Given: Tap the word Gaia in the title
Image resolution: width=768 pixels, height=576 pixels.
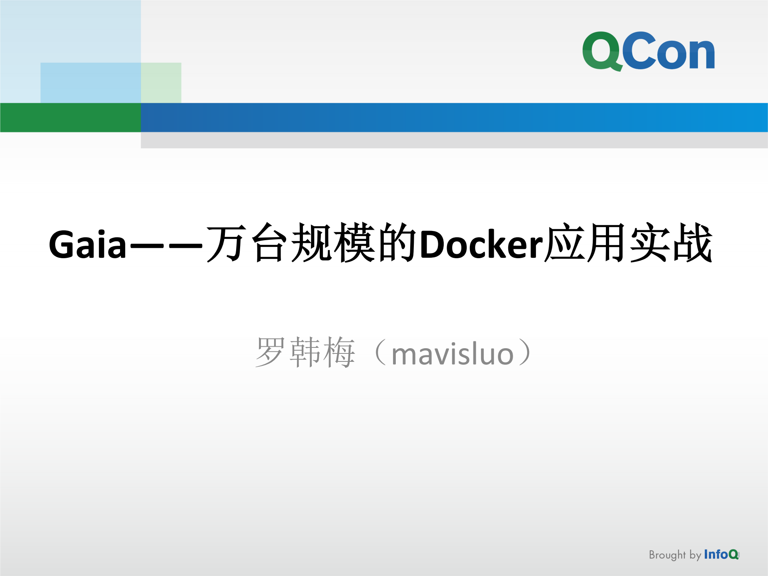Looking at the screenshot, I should pyautogui.click(x=88, y=244).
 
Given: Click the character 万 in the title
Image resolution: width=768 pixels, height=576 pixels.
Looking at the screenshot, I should pyautogui.click(x=227, y=243).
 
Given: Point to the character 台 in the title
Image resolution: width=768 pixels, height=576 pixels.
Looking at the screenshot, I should pyautogui.click(x=270, y=243).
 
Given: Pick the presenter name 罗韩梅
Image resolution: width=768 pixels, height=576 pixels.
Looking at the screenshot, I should pyautogui.click(x=305, y=352).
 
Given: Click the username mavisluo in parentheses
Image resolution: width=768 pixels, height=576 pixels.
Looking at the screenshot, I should pyautogui.click(x=452, y=355).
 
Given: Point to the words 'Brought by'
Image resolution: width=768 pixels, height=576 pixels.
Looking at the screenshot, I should pyautogui.click(x=675, y=555).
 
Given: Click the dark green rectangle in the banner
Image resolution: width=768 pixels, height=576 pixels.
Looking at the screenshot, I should pyautogui.click(x=70, y=117).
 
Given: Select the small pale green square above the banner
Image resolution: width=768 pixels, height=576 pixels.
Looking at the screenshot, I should pyautogui.click(x=161, y=82).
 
